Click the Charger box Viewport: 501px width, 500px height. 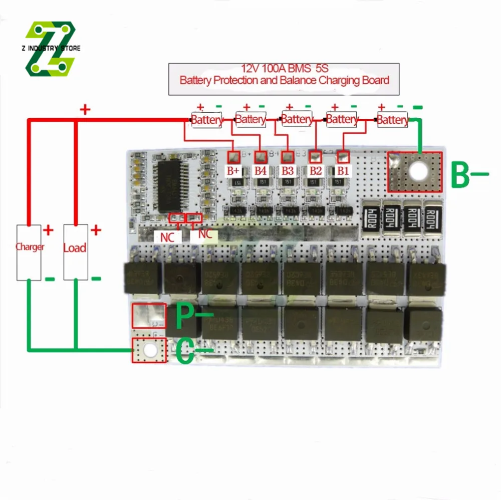[30, 252]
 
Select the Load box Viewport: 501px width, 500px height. [75, 252]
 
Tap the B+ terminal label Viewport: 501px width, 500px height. [233, 170]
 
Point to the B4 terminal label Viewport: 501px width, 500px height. [260, 170]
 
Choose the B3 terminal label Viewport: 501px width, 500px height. [287, 170]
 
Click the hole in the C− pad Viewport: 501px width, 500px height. [148, 351]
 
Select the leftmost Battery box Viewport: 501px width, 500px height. [206, 120]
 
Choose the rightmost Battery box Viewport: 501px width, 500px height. [392, 120]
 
